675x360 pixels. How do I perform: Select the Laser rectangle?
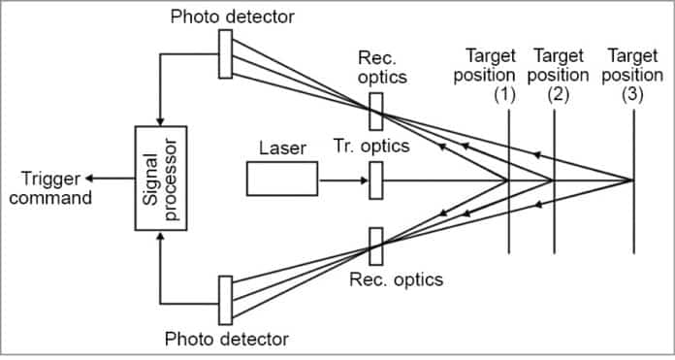281,180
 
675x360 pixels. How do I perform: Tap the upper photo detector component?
225,53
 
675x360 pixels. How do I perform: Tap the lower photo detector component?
225,301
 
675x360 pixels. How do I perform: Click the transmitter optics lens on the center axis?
376,180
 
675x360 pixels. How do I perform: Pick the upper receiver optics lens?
376,112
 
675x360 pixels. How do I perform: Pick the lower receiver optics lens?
376,245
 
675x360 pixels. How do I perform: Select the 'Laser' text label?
282,148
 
